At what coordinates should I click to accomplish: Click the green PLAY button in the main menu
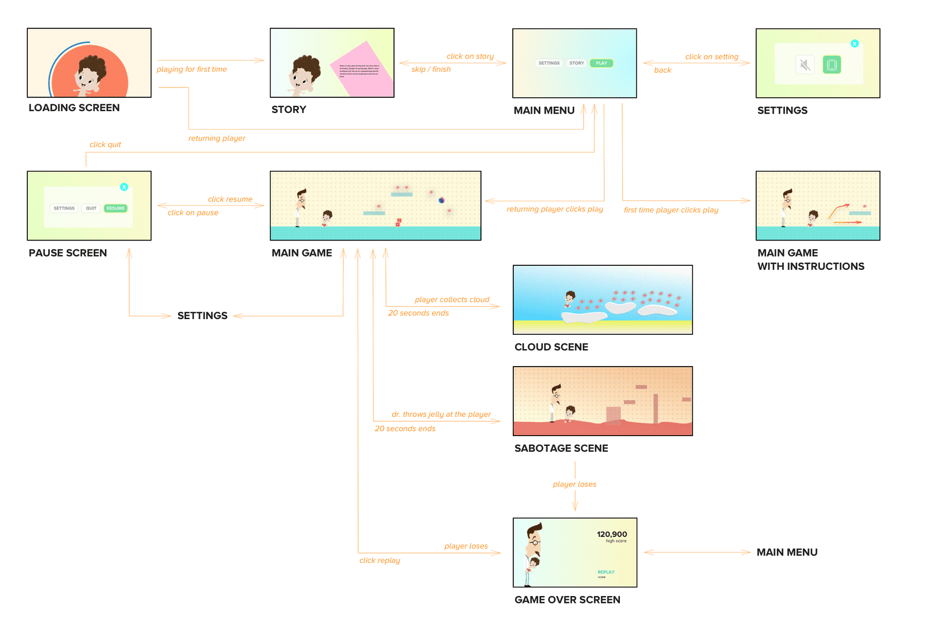601,63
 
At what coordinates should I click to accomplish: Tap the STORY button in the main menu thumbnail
576,63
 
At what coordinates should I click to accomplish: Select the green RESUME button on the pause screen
115,209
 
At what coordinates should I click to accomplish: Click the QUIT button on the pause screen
91,209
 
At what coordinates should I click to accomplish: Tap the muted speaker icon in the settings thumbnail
805,65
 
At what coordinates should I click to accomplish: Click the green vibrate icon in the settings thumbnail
831,65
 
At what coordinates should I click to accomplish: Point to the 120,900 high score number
612,534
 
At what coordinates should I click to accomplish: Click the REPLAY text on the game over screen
606,572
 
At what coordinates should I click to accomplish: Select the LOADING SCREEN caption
74,108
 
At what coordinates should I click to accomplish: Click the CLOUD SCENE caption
551,347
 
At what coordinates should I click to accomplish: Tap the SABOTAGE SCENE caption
561,448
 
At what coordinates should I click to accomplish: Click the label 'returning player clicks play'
554,209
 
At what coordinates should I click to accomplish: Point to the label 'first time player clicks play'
671,210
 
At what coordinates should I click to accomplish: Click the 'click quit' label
105,145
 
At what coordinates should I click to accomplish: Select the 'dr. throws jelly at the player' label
441,414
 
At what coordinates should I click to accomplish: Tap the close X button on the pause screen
124,187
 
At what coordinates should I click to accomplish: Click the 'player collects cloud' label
452,299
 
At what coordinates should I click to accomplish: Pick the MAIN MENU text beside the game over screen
787,553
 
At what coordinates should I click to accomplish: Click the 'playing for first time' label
192,70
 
